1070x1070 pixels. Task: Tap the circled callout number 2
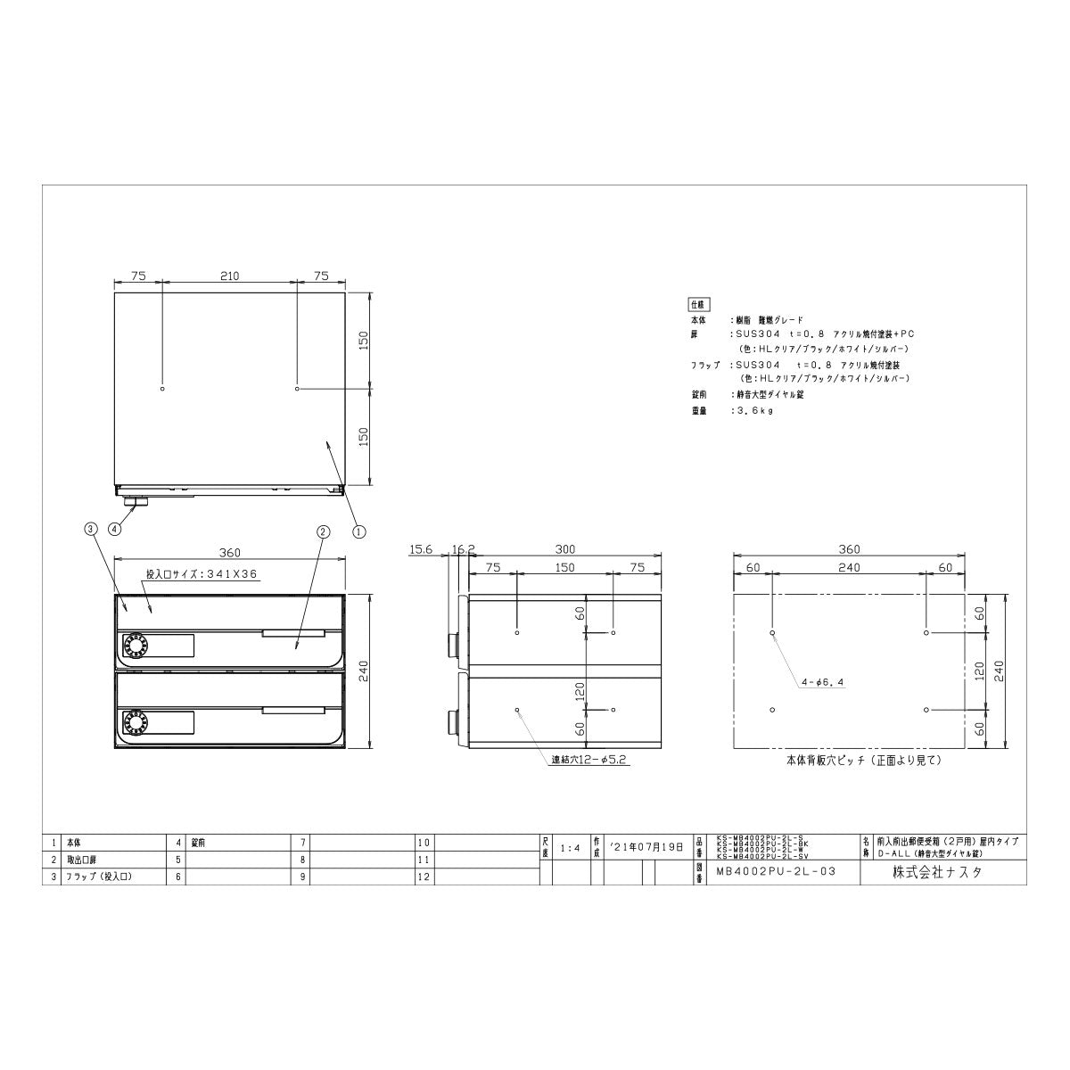click(323, 531)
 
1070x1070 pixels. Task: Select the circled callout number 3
click(89, 530)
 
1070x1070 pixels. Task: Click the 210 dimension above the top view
click(229, 276)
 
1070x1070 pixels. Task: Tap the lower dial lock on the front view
click(136, 722)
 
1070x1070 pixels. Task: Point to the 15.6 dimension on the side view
click(421, 550)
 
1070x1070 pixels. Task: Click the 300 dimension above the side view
click(564, 549)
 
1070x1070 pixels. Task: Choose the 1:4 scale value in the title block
click(572, 848)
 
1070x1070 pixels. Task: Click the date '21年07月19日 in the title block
click(646, 847)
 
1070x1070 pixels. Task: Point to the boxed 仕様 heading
click(695, 303)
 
